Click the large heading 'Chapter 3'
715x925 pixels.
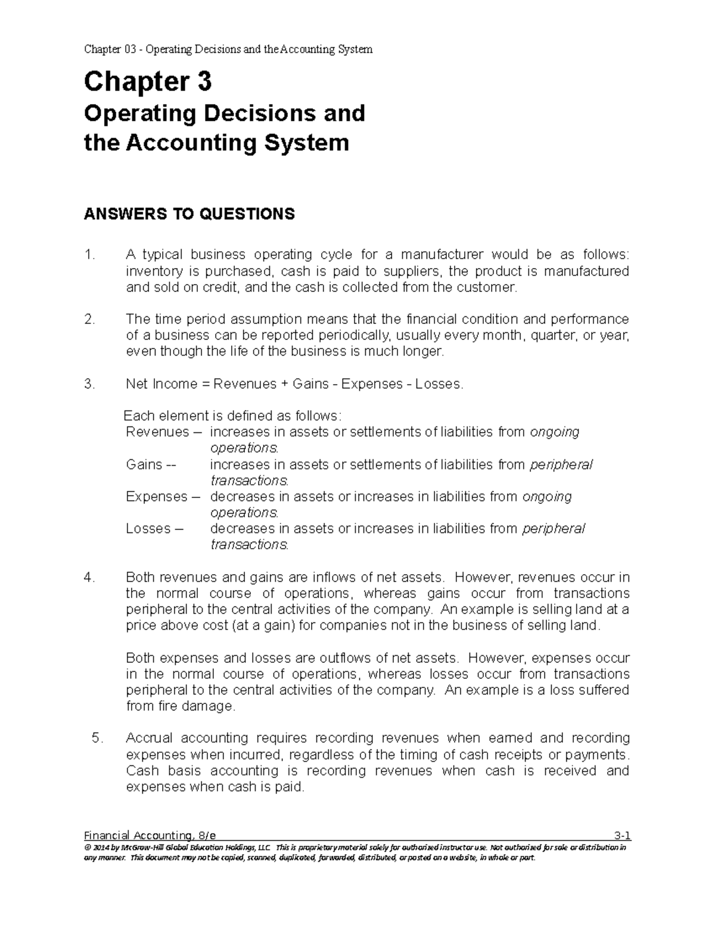[x=147, y=82]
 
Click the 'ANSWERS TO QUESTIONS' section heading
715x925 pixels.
[x=189, y=214]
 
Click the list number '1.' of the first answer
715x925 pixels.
[x=89, y=255]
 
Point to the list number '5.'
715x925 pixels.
[x=98, y=739]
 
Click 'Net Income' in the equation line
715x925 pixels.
[x=158, y=384]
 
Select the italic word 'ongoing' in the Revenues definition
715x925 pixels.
[x=554, y=432]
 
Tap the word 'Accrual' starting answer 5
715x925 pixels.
[x=149, y=739]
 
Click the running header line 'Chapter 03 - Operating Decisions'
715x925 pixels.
[x=228, y=49]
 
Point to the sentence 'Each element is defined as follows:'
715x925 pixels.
[x=232, y=416]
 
